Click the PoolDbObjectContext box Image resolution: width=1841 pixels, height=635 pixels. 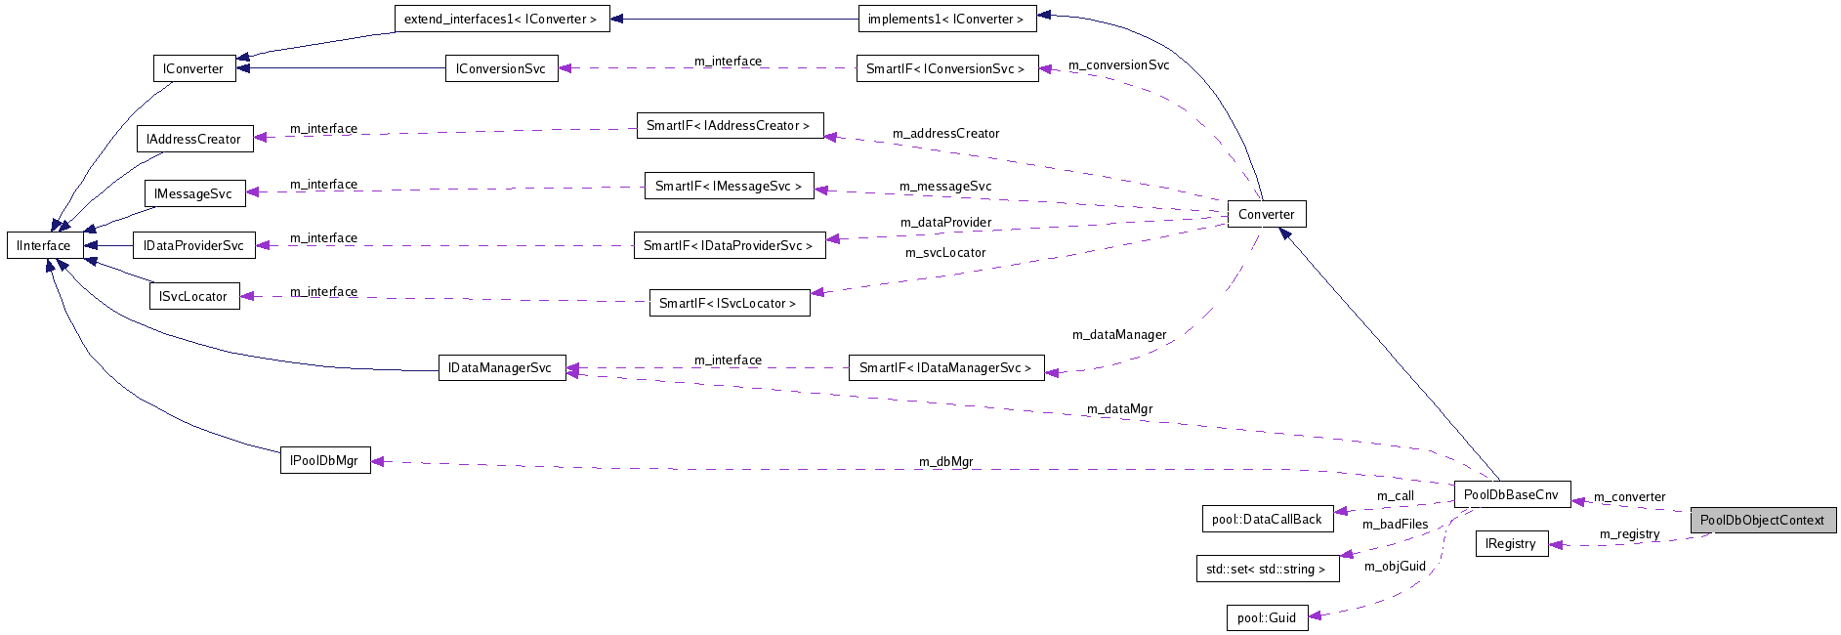(1762, 520)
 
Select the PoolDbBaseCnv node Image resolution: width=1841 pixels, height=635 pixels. (1511, 494)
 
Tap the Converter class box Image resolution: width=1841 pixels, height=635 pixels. (1266, 214)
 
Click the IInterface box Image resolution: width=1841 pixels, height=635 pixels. (44, 245)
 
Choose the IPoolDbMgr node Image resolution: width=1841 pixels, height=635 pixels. (324, 460)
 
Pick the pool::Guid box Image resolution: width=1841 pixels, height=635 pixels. (1267, 617)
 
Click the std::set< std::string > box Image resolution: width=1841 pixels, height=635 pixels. (1266, 569)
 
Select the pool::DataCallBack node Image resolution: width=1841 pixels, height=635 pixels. (1267, 519)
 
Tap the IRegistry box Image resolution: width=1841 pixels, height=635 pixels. (1511, 543)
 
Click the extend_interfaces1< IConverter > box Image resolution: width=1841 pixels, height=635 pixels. (501, 19)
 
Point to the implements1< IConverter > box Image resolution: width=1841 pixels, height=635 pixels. (945, 19)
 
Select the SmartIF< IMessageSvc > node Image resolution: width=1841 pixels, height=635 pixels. (729, 186)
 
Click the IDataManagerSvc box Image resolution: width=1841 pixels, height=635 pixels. (500, 368)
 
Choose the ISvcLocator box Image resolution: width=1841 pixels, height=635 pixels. (193, 296)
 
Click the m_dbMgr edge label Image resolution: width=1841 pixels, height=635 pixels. (945, 461)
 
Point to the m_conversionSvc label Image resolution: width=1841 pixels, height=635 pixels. (1118, 65)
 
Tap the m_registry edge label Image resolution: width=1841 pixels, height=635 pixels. (1629, 534)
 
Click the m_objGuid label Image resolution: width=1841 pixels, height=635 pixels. (1395, 567)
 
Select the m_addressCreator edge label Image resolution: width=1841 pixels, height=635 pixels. (945, 134)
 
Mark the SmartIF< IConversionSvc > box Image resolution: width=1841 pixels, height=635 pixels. (946, 68)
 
